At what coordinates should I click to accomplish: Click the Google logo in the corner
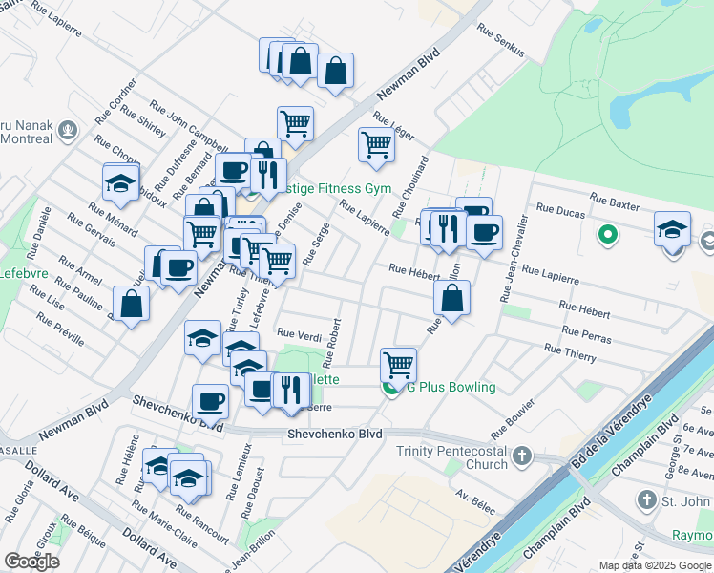tap(31, 561)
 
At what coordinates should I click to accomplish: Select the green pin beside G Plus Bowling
tap(390, 387)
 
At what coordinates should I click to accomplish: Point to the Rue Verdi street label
tap(299, 333)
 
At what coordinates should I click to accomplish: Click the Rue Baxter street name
tap(614, 201)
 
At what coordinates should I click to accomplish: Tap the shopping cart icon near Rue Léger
tap(376, 144)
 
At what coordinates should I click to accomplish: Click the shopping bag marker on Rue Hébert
tap(451, 297)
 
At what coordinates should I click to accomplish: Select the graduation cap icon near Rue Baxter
tap(672, 229)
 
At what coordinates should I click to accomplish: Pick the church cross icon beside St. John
tap(646, 499)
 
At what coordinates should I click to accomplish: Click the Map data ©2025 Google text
tap(654, 564)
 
